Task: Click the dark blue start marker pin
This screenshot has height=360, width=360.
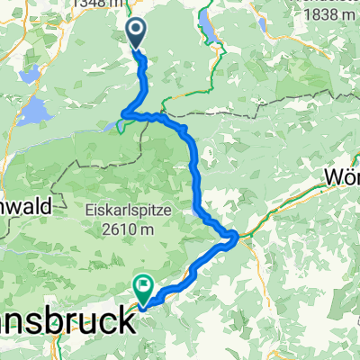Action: (x=136, y=34)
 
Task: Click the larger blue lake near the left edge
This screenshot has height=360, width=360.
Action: (x=34, y=112)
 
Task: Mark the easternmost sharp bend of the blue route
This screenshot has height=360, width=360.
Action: (x=236, y=237)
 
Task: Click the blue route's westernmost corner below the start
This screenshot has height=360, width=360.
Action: (x=124, y=113)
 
